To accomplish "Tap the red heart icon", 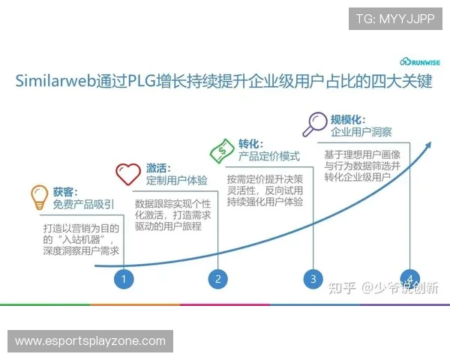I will tap(127, 174).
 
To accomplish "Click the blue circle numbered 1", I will tap(124, 279).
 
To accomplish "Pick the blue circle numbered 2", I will tap(217, 279).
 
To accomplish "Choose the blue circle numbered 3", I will tap(313, 279).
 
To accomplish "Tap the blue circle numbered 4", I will tap(409, 277).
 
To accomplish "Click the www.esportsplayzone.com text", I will tap(90, 341).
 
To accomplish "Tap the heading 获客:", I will tap(65, 192).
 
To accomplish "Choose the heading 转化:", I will tap(250, 142).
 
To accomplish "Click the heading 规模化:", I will tap(347, 118).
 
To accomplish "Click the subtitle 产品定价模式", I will tap(269, 156).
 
